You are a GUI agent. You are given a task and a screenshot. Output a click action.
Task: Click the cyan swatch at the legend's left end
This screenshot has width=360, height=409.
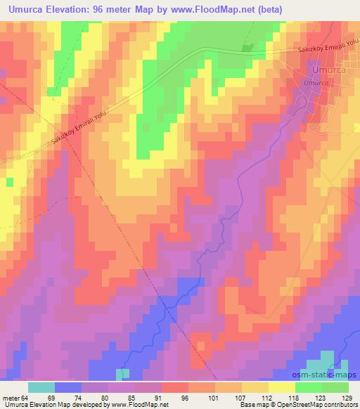[41, 387]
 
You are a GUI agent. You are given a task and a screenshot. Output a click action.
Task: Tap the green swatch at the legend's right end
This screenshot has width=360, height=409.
[335, 387]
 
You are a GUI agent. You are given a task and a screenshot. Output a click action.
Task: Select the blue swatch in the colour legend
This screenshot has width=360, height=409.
[68, 387]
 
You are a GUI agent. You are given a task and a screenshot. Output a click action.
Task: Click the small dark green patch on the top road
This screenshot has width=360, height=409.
[247, 48]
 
